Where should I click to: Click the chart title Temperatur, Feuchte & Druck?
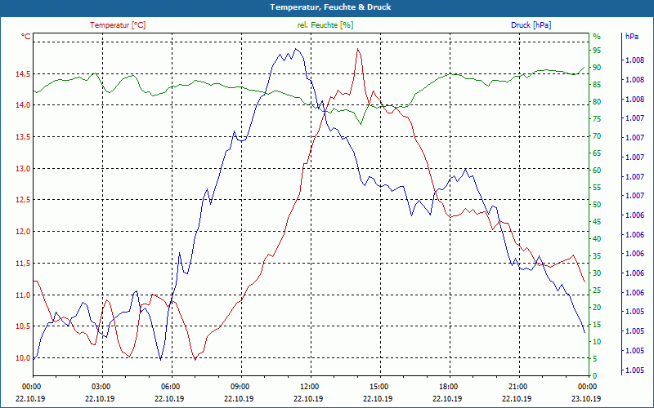(327, 7)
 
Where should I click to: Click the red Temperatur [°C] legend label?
(118, 25)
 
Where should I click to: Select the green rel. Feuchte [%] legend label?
(325, 25)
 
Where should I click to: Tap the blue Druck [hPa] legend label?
(531, 25)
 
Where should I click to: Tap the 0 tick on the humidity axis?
(595, 376)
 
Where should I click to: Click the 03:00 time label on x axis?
(101, 386)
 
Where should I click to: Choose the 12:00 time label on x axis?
(310, 386)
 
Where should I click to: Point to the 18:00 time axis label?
(448, 386)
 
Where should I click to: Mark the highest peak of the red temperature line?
(358, 50)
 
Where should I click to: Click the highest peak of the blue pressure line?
(296, 49)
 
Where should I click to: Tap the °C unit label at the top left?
(26, 37)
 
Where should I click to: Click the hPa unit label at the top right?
(632, 37)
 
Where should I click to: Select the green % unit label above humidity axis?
(596, 37)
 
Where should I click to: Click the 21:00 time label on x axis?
(517, 386)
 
